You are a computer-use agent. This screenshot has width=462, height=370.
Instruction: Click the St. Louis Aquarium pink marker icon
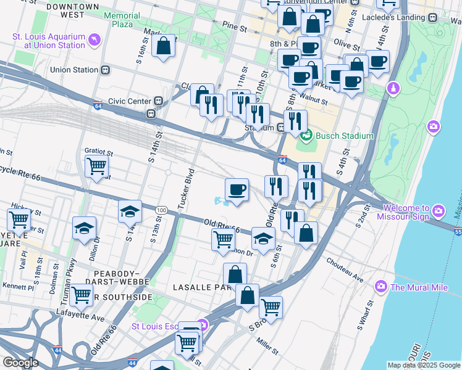coord(94,41)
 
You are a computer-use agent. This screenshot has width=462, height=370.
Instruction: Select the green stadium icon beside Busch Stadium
coord(304,136)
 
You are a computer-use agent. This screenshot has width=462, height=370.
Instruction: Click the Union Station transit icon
coord(106,70)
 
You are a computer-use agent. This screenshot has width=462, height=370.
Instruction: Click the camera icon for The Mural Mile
coord(380,287)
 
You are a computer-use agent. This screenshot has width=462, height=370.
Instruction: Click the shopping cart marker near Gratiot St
coord(97,166)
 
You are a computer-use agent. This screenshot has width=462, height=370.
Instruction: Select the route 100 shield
coord(161,210)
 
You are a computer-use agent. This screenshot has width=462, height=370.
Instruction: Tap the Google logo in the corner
coord(20,363)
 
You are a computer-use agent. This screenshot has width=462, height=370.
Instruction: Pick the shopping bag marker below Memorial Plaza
coord(163,46)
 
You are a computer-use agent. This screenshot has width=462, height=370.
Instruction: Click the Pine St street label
coord(235,28)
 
